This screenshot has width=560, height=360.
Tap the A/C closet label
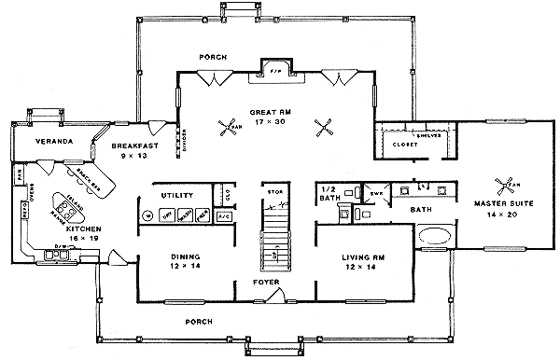224,215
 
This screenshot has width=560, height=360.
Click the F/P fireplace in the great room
274,71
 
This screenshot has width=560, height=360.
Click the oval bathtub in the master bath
435,235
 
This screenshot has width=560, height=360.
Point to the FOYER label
266,280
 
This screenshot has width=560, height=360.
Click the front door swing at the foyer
275,297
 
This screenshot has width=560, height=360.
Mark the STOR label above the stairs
274,191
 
